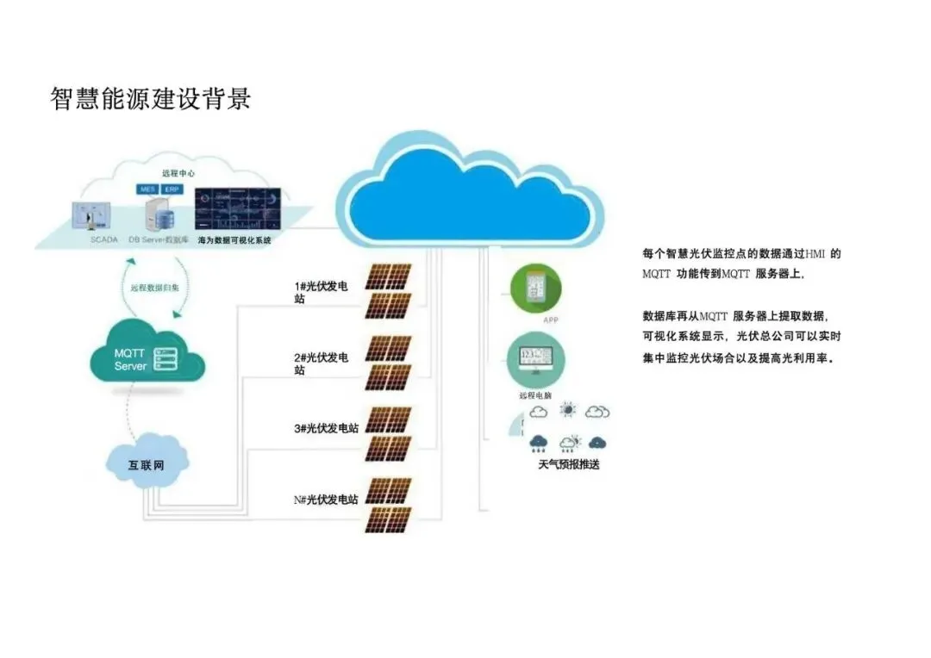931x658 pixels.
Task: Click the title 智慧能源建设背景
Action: pos(151,99)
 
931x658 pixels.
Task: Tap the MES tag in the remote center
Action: pos(147,189)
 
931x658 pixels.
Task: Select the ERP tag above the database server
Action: pos(172,189)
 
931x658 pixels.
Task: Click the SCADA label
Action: pos(103,240)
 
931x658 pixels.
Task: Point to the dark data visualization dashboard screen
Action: pos(238,209)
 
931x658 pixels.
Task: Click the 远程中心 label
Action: pos(178,173)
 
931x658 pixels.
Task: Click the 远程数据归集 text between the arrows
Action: pos(155,288)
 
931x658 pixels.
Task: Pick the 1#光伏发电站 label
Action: pos(322,292)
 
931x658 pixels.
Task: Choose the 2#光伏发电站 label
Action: pos(322,363)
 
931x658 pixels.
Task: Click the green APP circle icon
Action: pos(535,289)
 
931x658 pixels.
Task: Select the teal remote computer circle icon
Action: pos(535,361)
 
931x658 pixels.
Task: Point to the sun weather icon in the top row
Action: pos(568,411)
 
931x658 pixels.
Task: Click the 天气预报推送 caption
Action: pos(568,464)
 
